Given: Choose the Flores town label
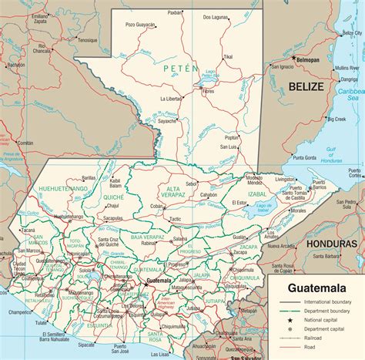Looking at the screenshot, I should coord(208,91).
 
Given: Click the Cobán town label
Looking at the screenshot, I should coord(157,207).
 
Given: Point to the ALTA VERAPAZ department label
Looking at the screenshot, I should coord(174,193).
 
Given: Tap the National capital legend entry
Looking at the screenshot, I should coord(322,320).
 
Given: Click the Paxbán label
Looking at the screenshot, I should coord(175,12).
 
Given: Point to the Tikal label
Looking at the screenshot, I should coord(228,57).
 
